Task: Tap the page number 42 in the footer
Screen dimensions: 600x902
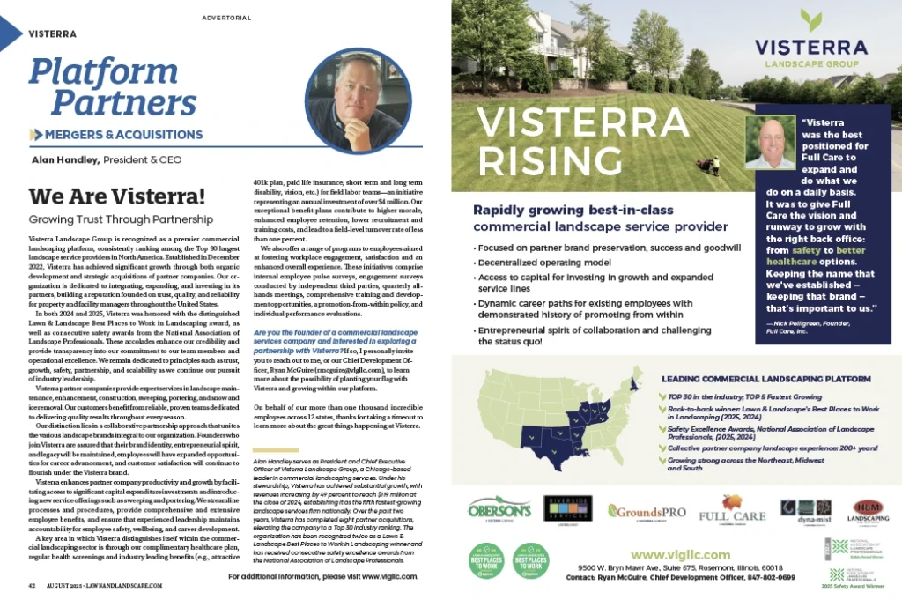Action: coord(31,585)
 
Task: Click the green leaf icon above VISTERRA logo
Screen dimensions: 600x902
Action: coord(812,20)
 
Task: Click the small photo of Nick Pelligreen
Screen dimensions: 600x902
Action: coord(771,142)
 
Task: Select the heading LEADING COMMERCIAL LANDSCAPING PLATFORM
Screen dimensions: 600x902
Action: coord(767,378)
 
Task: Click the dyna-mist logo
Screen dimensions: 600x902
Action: coord(798,510)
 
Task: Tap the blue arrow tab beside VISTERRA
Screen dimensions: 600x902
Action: coord(10,33)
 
